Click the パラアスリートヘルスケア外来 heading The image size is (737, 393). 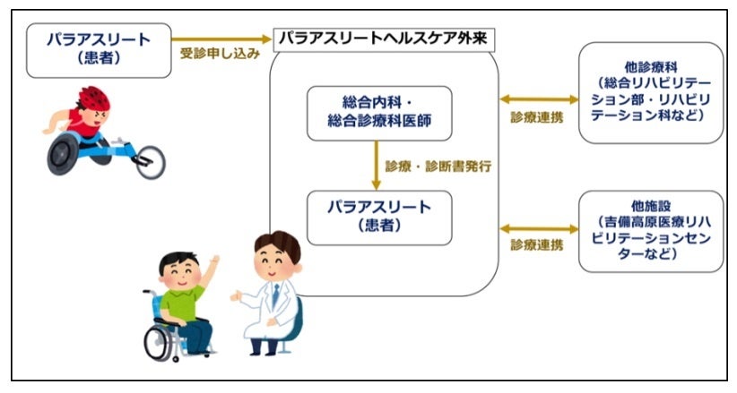[x=385, y=39]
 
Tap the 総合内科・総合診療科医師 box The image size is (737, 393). [x=379, y=113]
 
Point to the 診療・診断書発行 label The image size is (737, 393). [x=439, y=167]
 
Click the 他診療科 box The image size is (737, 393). [x=651, y=92]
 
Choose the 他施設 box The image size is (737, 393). [x=651, y=230]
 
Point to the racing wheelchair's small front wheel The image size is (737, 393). [x=149, y=161]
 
